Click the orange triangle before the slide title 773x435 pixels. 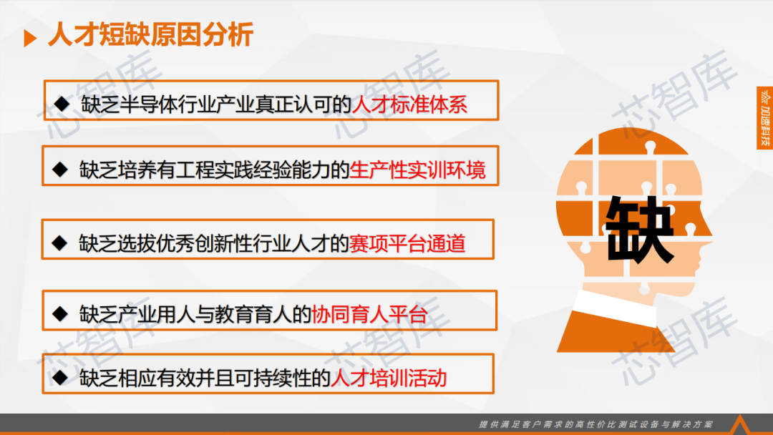point(30,39)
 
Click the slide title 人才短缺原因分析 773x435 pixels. point(151,34)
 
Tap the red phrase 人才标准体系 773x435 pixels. point(409,104)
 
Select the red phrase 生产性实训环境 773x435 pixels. point(417,170)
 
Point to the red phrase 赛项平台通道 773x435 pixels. point(407,243)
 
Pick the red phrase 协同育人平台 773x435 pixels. point(369,314)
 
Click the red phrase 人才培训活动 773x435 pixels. point(389,378)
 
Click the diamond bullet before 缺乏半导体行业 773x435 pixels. point(62,104)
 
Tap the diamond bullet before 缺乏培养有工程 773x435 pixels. point(60,170)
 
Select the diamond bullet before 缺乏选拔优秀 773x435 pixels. point(59,243)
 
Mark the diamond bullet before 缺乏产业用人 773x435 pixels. point(60,314)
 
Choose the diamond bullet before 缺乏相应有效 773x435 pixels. point(60,378)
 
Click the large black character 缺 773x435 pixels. point(639,229)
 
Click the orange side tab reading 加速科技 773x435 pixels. point(765,118)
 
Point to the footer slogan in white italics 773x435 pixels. point(596,424)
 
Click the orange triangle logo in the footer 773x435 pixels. point(739,425)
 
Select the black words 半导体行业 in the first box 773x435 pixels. point(148,104)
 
